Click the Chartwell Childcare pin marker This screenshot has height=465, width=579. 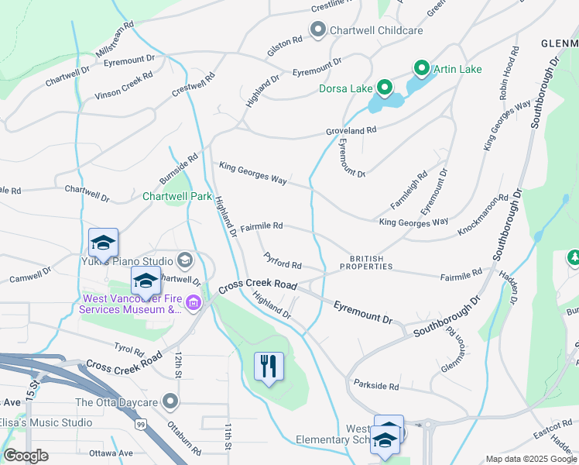[318, 30]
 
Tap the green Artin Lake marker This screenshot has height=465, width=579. [422, 70]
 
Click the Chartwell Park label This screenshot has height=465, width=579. [177, 196]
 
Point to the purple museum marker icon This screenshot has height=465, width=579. [194, 303]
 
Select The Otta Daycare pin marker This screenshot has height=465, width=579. [170, 402]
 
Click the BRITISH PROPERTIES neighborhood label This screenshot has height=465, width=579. [371, 263]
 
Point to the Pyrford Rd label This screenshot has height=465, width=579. [282, 260]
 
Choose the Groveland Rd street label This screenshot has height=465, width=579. [351, 130]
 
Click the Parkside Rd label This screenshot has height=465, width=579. [375, 386]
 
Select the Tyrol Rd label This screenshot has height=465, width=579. [129, 350]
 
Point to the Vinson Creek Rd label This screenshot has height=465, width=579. [124, 85]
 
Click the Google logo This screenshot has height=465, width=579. [26, 456]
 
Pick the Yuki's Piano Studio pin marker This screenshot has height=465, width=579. [184, 259]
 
